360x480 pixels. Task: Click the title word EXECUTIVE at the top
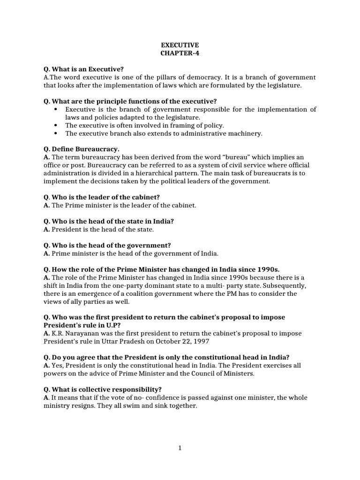point(180,45)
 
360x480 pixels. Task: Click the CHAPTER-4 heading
point(180,53)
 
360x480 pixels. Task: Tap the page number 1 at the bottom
point(180,448)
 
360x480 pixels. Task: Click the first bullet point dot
point(56,109)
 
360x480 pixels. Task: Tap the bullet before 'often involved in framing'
point(56,125)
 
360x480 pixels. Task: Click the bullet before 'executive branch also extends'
point(56,133)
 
